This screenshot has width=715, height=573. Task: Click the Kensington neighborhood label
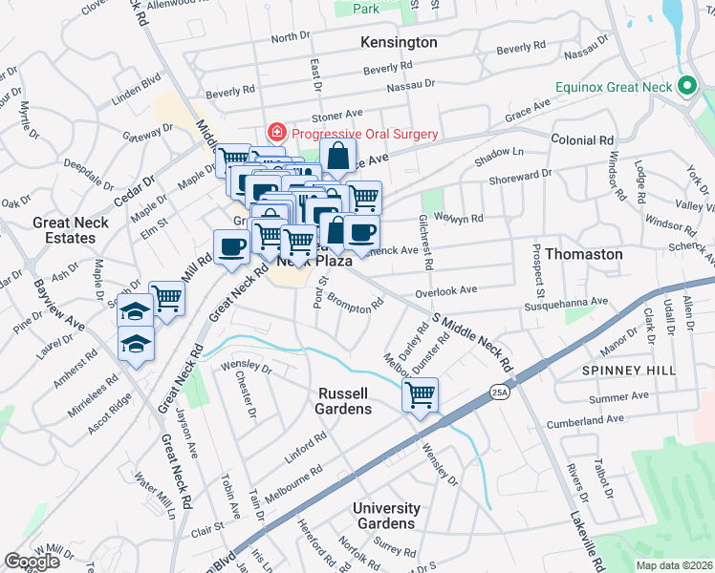tap(399, 43)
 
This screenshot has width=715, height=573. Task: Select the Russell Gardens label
tap(343, 400)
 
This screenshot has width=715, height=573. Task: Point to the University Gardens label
tap(386, 516)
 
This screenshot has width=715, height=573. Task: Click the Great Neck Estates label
tap(71, 230)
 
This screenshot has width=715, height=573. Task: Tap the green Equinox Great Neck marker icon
tap(685, 86)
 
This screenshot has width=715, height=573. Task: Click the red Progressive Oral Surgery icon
tap(276, 134)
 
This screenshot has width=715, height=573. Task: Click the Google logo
tap(32, 562)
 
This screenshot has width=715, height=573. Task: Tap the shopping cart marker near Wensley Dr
tap(420, 394)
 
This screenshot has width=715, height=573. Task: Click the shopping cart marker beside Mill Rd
tap(167, 299)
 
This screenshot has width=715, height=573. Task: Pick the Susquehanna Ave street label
tap(566, 302)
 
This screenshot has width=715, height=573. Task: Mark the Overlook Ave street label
tap(445, 290)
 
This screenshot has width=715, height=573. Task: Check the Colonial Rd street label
tap(581, 139)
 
